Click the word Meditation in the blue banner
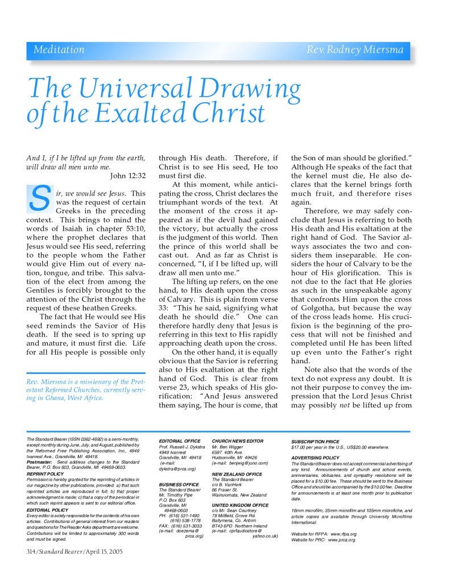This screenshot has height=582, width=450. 59,50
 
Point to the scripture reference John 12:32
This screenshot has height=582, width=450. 128,176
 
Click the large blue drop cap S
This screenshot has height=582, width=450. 39,198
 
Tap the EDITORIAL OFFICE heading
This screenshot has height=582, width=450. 179,441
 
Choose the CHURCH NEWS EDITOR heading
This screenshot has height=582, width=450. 237,441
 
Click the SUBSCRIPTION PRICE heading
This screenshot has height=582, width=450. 315,442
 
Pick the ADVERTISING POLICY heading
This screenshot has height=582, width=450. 315,458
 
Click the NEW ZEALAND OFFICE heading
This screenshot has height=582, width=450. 237,474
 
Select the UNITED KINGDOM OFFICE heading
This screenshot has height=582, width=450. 240,505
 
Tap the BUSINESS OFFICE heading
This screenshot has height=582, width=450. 178,484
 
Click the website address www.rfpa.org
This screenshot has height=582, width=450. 338,534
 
